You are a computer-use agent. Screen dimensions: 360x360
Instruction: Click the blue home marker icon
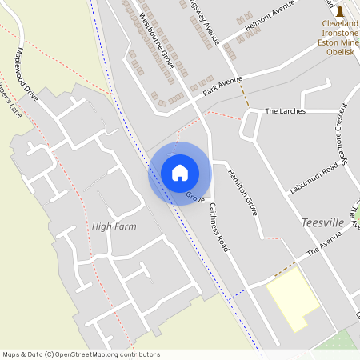pyautogui.click(x=179, y=173)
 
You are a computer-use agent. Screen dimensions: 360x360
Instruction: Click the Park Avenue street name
pyautogui.click(x=222, y=86)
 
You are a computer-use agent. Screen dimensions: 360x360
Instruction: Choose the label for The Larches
pyautogui.click(x=285, y=111)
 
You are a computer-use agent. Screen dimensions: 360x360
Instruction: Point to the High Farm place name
pyautogui.click(x=114, y=226)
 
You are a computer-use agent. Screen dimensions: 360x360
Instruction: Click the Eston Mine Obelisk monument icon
pyautogui.click(x=340, y=10)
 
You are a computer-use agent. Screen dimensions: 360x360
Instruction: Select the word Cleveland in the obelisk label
pyautogui.click(x=339, y=25)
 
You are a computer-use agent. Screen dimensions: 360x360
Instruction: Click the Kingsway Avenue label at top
pyautogui.click(x=206, y=20)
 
